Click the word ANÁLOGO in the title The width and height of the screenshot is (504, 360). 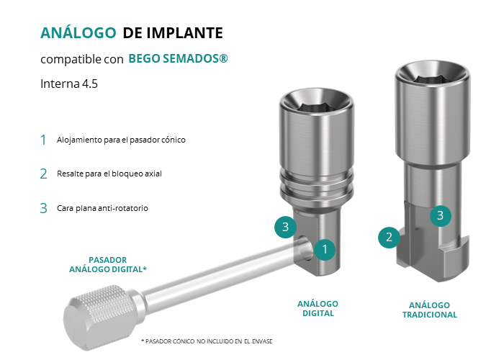point(78,32)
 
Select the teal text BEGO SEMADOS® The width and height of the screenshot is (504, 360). point(178,58)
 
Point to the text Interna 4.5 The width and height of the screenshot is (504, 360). point(69,84)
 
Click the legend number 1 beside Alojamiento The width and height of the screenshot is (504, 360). point(43,140)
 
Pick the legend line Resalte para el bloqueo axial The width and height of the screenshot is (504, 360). point(109,174)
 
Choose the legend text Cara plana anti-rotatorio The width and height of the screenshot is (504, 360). point(102,208)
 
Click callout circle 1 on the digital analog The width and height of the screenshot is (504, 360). point(325,249)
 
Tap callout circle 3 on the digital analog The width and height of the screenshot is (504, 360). point(285,227)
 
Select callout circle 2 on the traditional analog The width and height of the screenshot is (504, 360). point(389,237)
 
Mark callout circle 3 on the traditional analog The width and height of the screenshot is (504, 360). point(441,215)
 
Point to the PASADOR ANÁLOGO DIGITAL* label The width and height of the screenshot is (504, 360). point(108,264)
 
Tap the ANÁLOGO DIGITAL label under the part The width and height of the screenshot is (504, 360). point(318,309)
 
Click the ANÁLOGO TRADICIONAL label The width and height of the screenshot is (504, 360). point(429,310)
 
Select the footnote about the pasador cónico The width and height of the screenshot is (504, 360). point(207,341)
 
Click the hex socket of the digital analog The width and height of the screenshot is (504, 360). point(316,107)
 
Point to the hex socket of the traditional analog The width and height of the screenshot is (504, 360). point(432,78)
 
